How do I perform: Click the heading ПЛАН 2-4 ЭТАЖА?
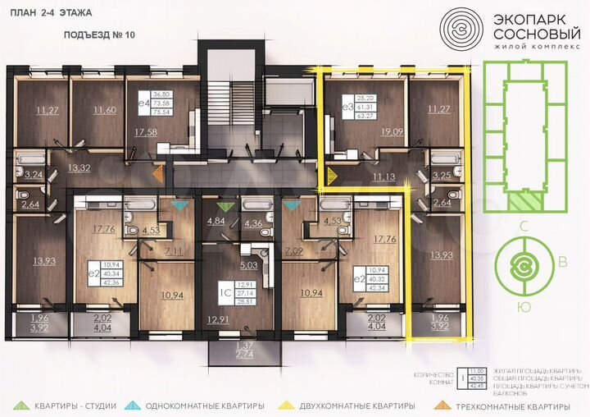pos(52,14)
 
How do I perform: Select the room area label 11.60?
pos(103,110)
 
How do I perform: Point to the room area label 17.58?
pos(143,131)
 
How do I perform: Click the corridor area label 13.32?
pos(79,168)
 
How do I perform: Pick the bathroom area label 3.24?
pos(34,175)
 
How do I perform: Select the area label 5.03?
pos(247,265)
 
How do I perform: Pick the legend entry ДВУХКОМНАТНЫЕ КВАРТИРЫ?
pos(360,406)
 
